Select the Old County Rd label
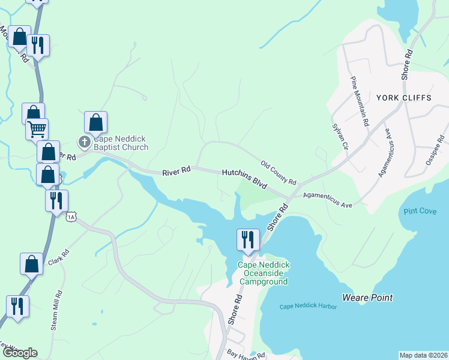(x=279, y=173)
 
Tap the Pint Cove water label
(x=420, y=211)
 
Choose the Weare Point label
(x=367, y=298)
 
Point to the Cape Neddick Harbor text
(x=308, y=307)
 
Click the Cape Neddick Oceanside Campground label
(x=264, y=273)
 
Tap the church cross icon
(x=85, y=142)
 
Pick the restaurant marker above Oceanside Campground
(x=248, y=239)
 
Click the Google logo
(x=19, y=353)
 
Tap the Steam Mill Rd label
(x=58, y=311)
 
